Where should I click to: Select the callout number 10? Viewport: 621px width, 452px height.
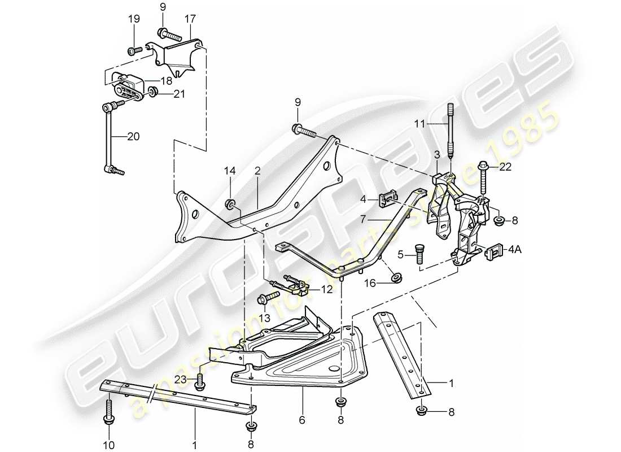pos(107,440)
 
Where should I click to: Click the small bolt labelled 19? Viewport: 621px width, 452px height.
pos(134,51)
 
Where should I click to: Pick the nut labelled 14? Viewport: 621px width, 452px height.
pos(230,203)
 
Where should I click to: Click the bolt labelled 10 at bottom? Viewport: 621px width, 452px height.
pos(107,410)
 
